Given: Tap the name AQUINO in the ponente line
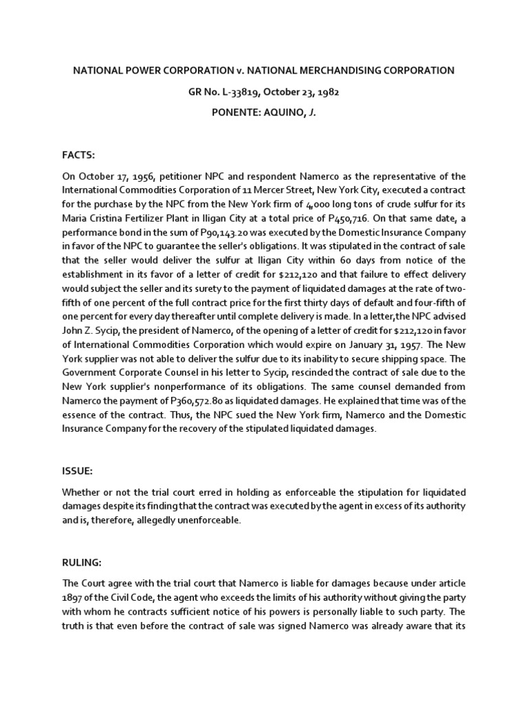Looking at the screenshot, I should pyautogui.click(x=280, y=111).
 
